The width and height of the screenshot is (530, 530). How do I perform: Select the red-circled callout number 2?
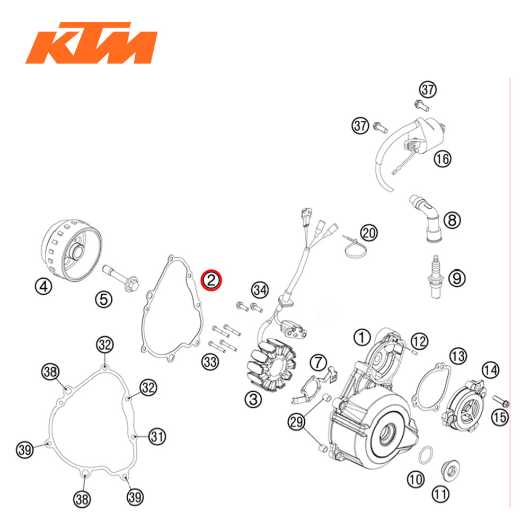point(211,280)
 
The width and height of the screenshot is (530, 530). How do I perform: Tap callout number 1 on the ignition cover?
point(361,336)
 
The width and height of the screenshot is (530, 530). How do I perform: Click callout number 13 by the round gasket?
point(457,356)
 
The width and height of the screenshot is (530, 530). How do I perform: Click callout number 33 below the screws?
point(210,362)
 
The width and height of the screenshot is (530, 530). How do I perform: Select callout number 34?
point(260,289)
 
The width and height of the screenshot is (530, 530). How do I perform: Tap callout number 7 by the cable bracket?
point(318,363)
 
